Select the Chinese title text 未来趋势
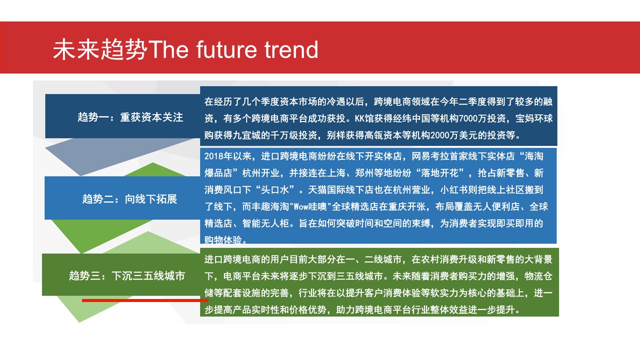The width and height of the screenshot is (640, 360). pyautogui.click(x=100, y=49)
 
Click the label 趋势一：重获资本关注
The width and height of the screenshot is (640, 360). pyautogui.click(x=130, y=117)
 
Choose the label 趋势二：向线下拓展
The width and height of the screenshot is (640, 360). pyautogui.click(x=129, y=199)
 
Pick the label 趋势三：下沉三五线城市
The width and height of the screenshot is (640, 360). pyautogui.click(x=127, y=276)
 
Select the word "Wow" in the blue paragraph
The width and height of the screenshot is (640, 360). pyautogui.click(x=301, y=206)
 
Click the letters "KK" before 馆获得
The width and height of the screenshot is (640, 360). pyautogui.click(x=359, y=118)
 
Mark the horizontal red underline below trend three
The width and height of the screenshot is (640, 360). pyautogui.click(x=145, y=300)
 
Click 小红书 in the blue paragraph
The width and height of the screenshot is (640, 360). pyautogui.click(x=454, y=190)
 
